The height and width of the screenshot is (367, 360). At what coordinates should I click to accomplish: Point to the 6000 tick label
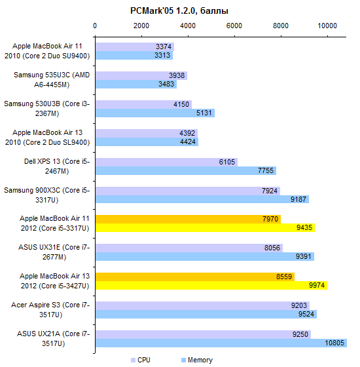tap(234, 26)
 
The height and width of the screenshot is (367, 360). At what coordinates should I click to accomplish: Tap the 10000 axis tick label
tap(327, 26)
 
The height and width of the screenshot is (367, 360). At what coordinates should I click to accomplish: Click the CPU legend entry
tap(141, 360)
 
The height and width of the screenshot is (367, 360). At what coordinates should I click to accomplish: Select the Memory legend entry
tap(197, 360)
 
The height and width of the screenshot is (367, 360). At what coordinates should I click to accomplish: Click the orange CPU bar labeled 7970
tap(188, 220)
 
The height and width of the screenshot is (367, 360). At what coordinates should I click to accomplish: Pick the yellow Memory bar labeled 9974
tap(211, 285)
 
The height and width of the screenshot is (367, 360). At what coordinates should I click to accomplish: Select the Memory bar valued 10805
tap(221, 343)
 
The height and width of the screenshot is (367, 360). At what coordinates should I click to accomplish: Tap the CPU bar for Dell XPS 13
tap(166, 163)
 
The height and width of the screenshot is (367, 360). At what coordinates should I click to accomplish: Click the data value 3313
tap(162, 55)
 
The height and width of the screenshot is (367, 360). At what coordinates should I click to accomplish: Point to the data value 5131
tap(204, 113)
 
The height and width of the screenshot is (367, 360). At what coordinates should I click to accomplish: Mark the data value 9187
tap(298, 199)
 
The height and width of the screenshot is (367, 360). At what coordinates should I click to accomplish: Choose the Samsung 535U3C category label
tap(52, 79)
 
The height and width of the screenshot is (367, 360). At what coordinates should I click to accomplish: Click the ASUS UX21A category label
tap(53, 338)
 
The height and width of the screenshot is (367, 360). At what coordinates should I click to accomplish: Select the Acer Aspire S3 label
tap(50, 309)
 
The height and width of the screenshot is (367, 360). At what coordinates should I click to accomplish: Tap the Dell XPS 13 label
tap(57, 166)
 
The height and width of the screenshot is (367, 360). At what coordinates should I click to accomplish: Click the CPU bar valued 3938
tap(141, 75)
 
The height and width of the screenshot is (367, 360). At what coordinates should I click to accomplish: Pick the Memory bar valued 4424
tap(147, 142)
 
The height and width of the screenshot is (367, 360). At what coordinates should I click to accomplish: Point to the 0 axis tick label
tap(95, 26)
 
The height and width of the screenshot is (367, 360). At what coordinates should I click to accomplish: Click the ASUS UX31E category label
tap(54, 252)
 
